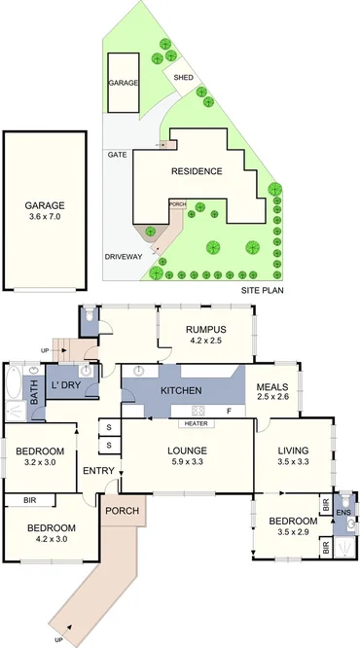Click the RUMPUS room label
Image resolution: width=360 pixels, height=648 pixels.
coord(206,330)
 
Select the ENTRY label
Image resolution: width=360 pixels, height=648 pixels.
coord(98,472)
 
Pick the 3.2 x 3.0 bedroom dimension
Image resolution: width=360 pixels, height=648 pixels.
coord(40,463)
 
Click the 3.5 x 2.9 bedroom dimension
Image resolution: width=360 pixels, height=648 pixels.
coord(287,533)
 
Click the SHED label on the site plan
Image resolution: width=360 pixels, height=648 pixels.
coord(183,77)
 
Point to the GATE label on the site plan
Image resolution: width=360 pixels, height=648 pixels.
coord(117,155)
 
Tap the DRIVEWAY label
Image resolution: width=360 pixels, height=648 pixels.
coord(124,256)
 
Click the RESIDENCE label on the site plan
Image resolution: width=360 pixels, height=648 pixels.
coord(197,171)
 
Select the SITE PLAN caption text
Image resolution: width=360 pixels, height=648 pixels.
coord(261,291)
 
